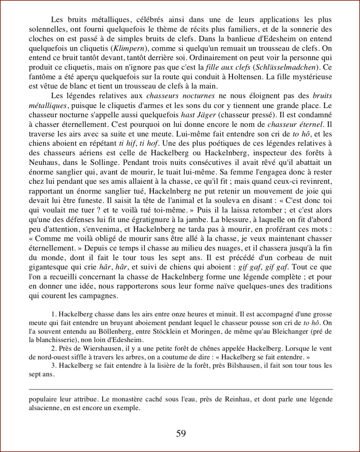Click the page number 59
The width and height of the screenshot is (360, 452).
tap(181, 433)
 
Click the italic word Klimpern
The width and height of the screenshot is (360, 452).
tap(126, 49)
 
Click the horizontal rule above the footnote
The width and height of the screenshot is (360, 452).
tap(181, 389)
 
